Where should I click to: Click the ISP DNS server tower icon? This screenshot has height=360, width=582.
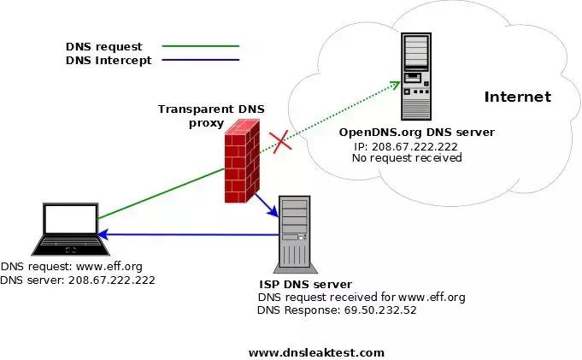pyautogui.click(x=293, y=233)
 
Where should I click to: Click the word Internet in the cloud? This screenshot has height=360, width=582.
pyautogui.click(x=517, y=97)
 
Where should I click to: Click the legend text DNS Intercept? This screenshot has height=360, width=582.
pyautogui.click(x=108, y=60)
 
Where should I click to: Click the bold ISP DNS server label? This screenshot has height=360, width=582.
pyautogui.click(x=305, y=284)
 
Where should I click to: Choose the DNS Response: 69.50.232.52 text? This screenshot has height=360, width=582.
pyautogui.click(x=337, y=310)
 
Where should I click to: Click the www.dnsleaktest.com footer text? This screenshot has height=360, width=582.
pyautogui.click(x=316, y=352)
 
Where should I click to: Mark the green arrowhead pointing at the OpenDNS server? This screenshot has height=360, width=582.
pyautogui.click(x=396, y=84)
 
